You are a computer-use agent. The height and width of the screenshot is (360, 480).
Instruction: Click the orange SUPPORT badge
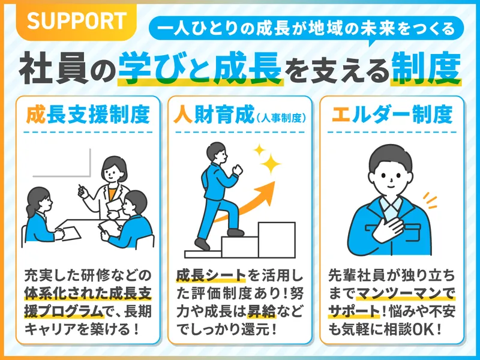(77, 22)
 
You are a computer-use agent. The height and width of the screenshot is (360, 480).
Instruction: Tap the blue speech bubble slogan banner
(306, 29)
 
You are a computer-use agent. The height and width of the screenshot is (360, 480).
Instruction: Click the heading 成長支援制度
(88, 115)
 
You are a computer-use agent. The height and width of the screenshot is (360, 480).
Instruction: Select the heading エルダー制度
(392, 115)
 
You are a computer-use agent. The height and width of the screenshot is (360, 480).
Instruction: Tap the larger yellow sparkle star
(270, 164)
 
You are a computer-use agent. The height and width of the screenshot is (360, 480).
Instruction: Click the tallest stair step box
(277, 239)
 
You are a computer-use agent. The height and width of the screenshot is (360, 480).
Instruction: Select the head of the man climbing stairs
(217, 153)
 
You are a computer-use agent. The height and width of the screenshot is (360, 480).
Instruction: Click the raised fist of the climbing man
(238, 169)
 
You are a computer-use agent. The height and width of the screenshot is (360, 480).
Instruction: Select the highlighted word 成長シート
(211, 275)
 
